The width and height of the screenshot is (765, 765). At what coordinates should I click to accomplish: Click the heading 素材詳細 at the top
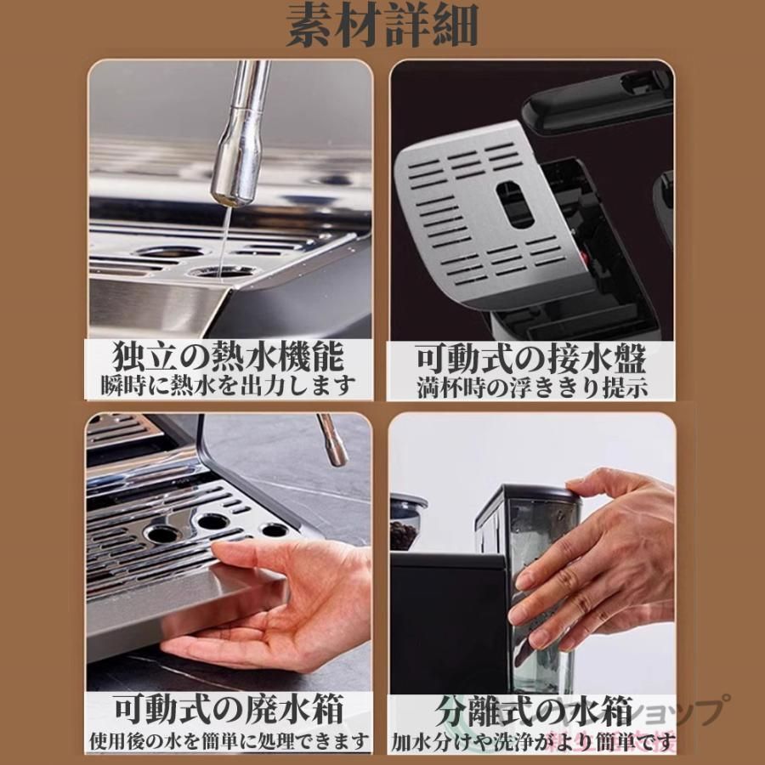[382, 27]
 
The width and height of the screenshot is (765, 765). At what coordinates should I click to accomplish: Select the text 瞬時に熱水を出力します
[229, 385]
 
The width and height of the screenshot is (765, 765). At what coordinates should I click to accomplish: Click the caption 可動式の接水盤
[530, 358]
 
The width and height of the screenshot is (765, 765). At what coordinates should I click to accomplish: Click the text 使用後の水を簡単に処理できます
[229, 739]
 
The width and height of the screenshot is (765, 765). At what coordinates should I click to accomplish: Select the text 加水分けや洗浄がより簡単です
[532, 740]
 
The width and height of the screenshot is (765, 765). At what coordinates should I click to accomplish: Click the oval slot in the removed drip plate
[515, 204]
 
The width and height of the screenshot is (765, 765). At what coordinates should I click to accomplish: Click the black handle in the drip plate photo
[595, 98]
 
